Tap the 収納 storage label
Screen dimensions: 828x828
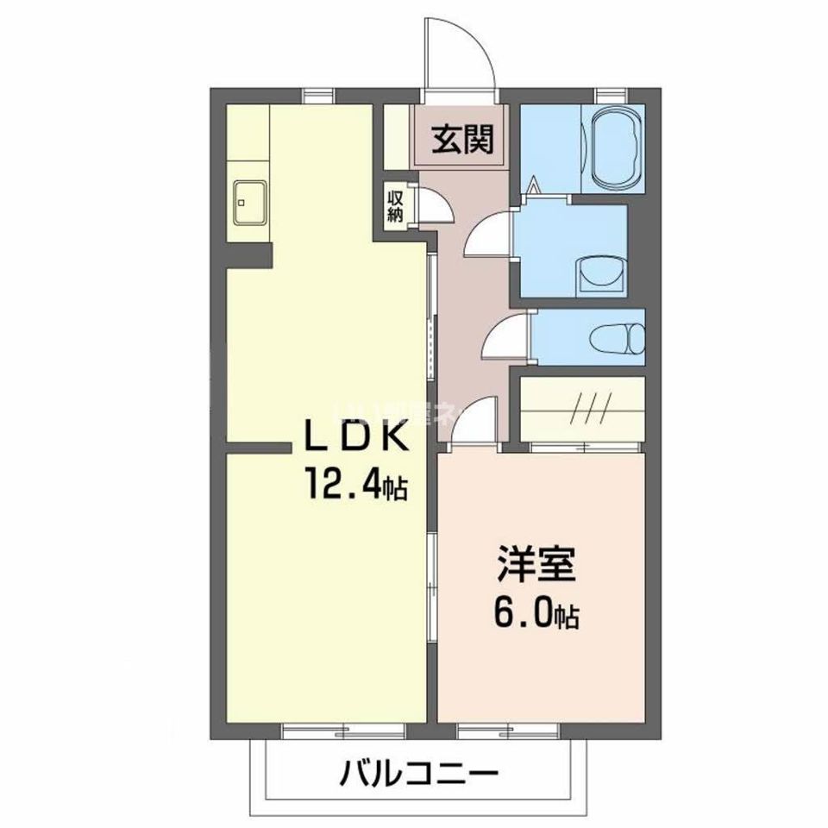pyautogui.click(x=395, y=206)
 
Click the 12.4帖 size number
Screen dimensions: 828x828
pyautogui.click(x=354, y=488)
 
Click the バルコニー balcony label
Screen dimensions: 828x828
pyautogui.click(x=417, y=770)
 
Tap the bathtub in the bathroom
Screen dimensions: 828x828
pyautogui.click(x=614, y=148)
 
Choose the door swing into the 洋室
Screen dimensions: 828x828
pyautogui.click(x=475, y=422)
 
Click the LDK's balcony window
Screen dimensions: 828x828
pyautogui.click(x=343, y=731)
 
